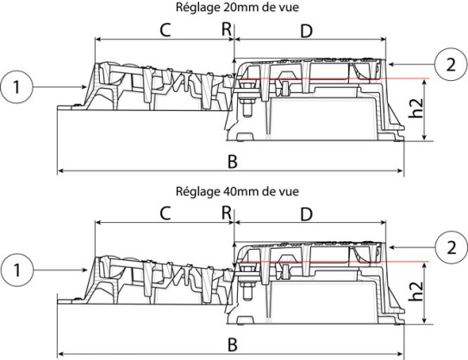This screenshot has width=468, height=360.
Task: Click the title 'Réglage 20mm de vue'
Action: click(237, 7)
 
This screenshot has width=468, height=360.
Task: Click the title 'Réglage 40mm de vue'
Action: click(237, 191)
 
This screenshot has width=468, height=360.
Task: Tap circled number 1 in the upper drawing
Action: click(16, 87)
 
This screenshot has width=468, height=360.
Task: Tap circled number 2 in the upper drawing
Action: click(451, 64)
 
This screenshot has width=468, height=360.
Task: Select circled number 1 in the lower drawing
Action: click(16, 270)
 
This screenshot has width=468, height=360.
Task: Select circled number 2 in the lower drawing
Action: click(451, 247)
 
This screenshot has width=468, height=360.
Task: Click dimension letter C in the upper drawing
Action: click(165, 30)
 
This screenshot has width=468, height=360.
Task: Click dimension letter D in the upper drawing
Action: click(306, 31)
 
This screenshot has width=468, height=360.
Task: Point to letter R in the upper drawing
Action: click(227, 29)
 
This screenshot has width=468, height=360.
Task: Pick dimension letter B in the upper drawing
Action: click(233, 162)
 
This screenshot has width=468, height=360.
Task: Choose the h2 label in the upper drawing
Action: click(415, 108)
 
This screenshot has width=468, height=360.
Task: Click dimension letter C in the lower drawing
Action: click(165, 214)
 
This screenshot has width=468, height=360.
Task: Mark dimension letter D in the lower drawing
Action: click(306, 214)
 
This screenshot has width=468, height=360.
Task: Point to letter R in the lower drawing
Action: click(227, 213)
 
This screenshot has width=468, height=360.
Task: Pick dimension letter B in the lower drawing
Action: click(233, 345)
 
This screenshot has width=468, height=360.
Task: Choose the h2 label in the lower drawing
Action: click(415, 291)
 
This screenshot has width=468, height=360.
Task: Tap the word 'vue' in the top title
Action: click(289, 8)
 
